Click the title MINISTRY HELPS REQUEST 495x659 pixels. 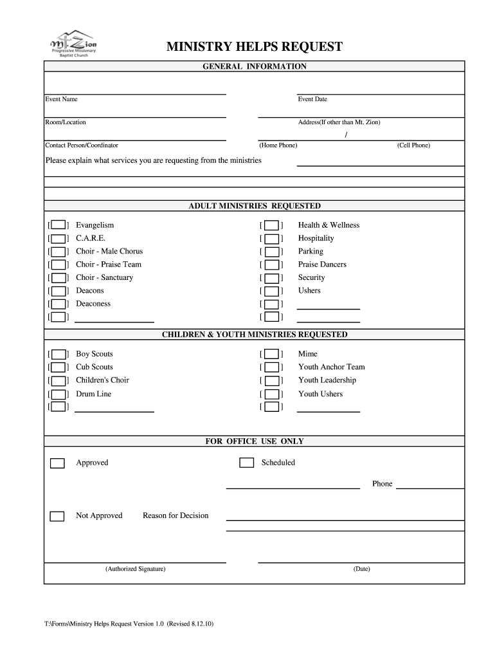coord(255,47)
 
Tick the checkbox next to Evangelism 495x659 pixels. coord(59,225)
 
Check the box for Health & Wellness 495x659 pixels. coord(272,225)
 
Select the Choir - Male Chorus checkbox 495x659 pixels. coord(59,252)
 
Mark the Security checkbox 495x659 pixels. coord(272,278)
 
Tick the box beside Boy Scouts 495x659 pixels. coord(59,355)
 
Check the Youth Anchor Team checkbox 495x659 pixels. coord(272,367)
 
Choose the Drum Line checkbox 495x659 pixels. coord(59,394)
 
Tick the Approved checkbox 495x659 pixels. coord(58,463)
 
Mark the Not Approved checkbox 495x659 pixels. coord(58,516)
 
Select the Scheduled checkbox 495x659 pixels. coord(246,463)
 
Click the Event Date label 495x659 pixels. coord(312,99)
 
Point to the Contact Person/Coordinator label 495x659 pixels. coord(82,145)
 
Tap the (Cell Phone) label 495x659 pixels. coord(413,145)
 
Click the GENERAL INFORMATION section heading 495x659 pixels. coord(255,66)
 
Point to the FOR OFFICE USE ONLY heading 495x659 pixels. coord(255,441)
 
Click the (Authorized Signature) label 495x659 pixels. coord(136,569)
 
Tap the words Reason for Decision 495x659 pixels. coord(175,515)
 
